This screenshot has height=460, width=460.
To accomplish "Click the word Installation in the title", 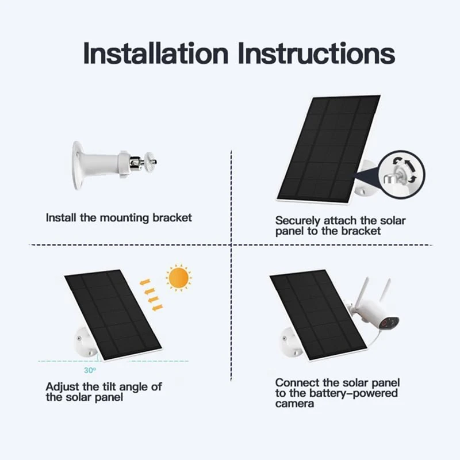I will click(156, 53).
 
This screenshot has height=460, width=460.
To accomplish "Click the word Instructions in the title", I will click(316, 53).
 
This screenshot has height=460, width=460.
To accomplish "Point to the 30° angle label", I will click(90, 370).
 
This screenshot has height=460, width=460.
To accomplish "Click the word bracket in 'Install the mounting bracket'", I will click(172, 218).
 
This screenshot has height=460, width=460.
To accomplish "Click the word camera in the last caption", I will click(294, 404).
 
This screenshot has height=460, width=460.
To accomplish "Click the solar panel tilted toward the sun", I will click(112, 313).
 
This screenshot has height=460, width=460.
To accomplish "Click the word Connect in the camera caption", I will click(294, 382).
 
